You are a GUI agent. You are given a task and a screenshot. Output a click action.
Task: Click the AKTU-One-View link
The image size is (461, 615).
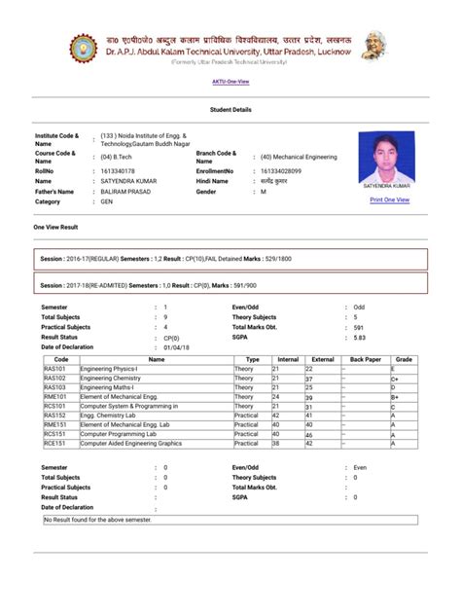point(230,82)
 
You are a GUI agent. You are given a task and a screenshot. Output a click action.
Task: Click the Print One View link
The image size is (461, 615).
point(389,199)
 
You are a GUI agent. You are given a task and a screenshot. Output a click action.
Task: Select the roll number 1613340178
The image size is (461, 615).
point(119,169)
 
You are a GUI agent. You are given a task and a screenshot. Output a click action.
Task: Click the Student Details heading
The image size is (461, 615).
point(230,110)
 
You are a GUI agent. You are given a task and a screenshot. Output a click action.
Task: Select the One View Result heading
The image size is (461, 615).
point(57,226)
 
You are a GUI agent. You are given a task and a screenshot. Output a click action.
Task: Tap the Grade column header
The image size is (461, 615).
point(404,360)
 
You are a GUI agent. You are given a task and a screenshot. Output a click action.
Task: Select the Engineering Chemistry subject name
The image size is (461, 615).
point(112,379)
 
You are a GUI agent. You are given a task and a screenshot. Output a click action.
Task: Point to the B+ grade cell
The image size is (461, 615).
point(396,397)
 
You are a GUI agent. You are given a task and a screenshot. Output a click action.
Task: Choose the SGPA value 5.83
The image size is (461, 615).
point(359,338)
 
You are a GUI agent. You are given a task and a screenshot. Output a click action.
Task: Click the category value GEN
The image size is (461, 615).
point(107,202)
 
